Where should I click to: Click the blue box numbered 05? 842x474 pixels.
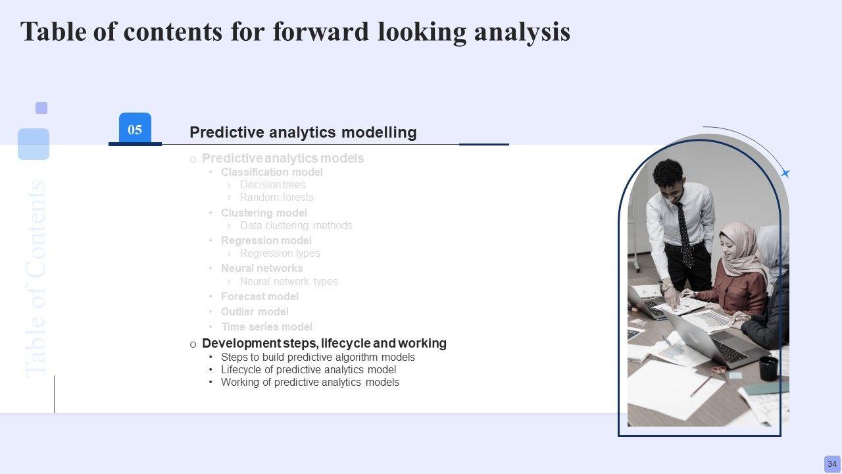[x=135, y=128]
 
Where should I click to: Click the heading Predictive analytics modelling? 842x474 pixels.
[x=303, y=132]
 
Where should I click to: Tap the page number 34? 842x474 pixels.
[x=832, y=464]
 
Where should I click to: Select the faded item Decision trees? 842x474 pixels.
[x=272, y=185]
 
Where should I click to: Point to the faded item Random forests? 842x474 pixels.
[x=277, y=197]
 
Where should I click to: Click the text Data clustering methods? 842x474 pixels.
[x=296, y=225]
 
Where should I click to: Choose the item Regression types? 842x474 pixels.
[x=280, y=253]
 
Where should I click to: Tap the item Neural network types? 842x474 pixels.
[x=289, y=281]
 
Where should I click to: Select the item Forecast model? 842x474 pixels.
[x=259, y=296]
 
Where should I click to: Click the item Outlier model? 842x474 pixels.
[x=255, y=311]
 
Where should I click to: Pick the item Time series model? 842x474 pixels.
[x=266, y=327]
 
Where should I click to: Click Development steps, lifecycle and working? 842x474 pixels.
[x=324, y=343]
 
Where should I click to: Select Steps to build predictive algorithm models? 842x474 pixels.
[x=318, y=357]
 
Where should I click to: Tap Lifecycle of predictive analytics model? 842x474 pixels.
[x=309, y=369]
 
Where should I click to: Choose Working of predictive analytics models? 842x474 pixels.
[x=310, y=382]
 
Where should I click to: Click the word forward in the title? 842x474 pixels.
[x=320, y=32]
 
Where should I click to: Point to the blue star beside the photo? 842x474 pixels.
[x=785, y=173]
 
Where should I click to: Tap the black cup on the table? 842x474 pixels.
[x=769, y=368]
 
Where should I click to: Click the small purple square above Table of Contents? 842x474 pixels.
[x=41, y=108]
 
